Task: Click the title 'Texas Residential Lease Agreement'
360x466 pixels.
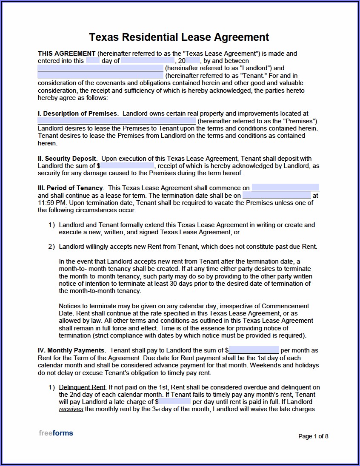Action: (x=179, y=37)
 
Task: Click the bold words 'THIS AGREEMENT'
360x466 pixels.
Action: (x=67, y=54)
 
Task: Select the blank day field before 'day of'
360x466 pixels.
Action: (x=92, y=61)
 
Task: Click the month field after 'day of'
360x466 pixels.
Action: (x=142, y=61)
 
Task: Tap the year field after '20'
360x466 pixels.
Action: (x=193, y=61)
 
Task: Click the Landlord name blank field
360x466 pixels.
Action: (x=100, y=68)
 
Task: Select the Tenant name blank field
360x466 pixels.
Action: (x=100, y=76)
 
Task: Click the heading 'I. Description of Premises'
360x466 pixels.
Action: (x=77, y=114)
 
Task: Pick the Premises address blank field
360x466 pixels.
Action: (x=117, y=121)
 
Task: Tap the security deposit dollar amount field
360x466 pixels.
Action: (x=128, y=166)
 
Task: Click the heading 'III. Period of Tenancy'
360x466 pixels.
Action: (x=71, y=188)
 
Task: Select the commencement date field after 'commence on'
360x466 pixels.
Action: (x=285, y=188)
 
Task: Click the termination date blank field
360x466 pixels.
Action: (x=277, y=196)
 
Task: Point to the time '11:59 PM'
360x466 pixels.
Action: (x=52, y=203)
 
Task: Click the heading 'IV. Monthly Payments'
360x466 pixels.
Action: (x=71, y=350)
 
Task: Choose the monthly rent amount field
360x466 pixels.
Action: (x=254, y=350)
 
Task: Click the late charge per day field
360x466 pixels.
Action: (x=174, y=401)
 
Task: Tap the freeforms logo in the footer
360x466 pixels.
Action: (x=56, y=433)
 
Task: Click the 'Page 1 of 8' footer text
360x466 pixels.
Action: (x=313, y=436)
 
